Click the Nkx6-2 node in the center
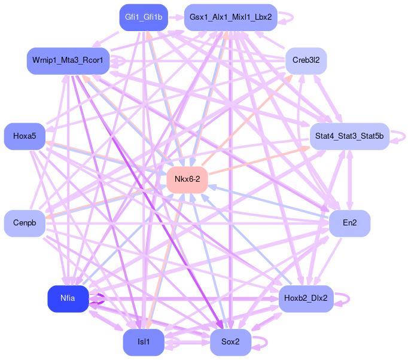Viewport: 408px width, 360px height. tap(187, 179)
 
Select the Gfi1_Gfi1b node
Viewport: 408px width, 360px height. tap(144, 17)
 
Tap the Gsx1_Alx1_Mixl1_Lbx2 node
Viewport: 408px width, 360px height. tap(230, 17)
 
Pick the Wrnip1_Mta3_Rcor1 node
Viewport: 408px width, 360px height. tap(68, 60)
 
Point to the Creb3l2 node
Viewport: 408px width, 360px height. tap(306, 60)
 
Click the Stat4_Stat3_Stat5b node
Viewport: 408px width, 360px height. tap(349, 136)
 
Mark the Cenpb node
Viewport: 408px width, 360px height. tap(25, 223)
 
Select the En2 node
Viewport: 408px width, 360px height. tap(349, 223)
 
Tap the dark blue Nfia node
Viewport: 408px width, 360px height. tap(68, 298)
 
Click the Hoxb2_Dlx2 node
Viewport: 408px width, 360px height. tap(306, 298)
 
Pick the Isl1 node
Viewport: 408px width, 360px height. tap(144, 342)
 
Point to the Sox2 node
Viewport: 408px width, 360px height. tap(230, 342)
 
